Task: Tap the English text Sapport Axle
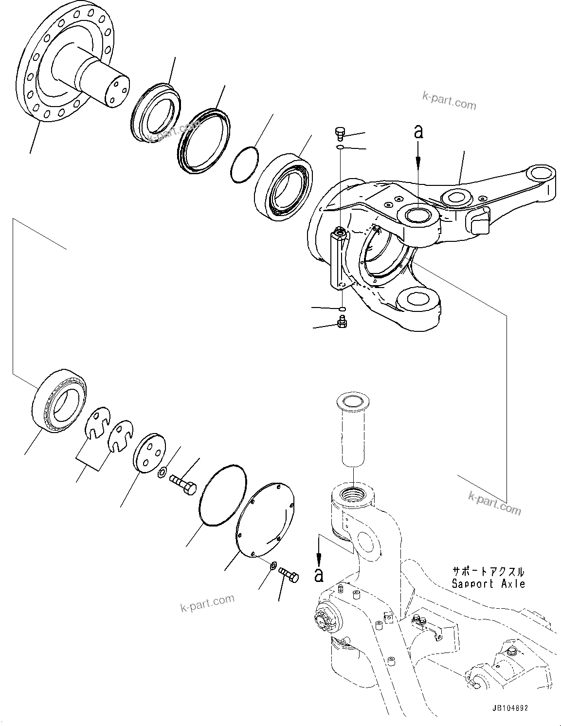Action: [x=488, y=584]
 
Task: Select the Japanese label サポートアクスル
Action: [x=488, y=572]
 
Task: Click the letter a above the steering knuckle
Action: [x=418, y=131]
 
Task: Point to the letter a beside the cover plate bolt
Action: [x=319, y=574]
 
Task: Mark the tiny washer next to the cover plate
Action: [x=273, y=565]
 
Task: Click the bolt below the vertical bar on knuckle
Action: [x=342, y=322]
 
